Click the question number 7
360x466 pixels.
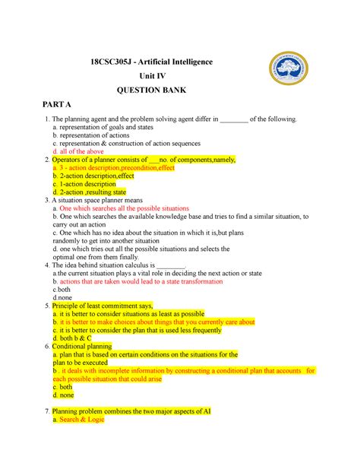point(47,411)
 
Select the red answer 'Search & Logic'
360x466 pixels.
point(81,420)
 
